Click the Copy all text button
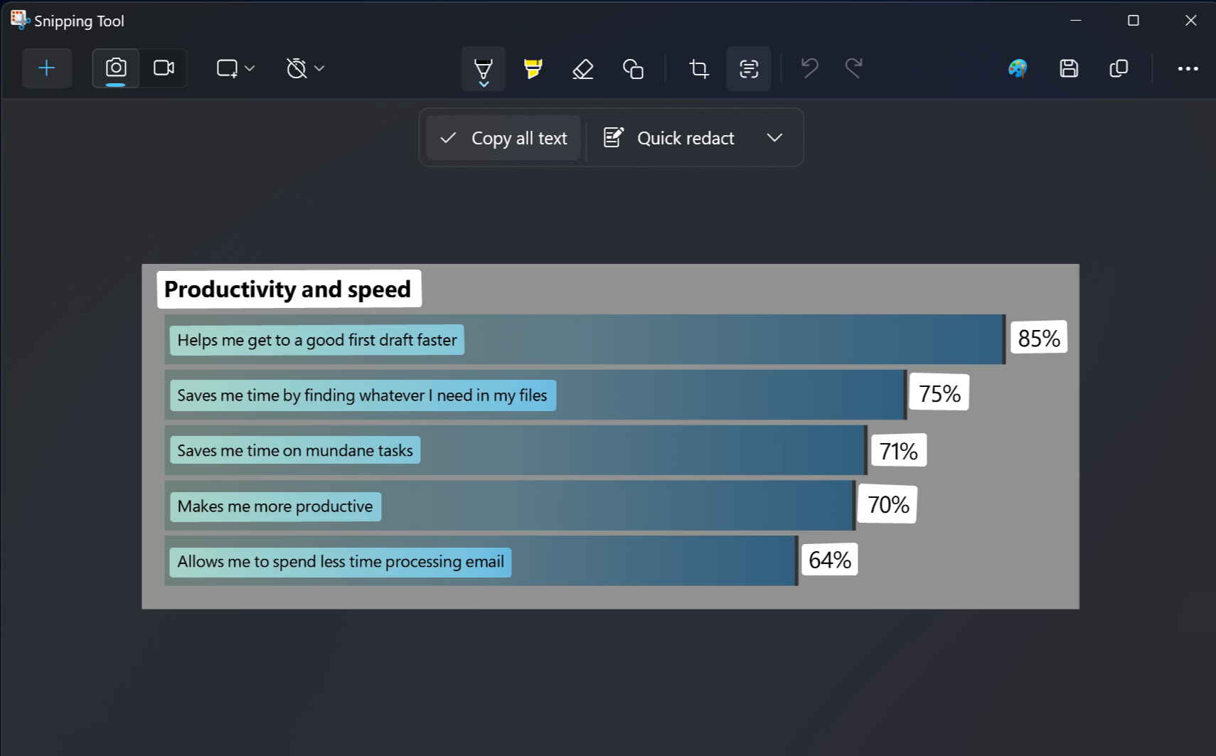click(x=503, y=138)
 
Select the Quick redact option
click(x=668, y=138)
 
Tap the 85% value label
click(x=1038, y=338)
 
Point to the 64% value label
click(x=829, y=560)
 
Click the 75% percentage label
click(x=939, y=393)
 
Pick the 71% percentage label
click(x=898, y=450)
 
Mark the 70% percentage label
click(x=887, y=504)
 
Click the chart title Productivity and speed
click(x=288, y=289)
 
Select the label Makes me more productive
click(x=275, y=506)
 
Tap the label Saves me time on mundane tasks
click(x=295, y=450)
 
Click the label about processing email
click(x=341, y=562)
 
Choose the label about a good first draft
click(x=317, y=340)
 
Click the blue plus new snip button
click(x=47, y=68)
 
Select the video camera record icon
click(x=164, y=68)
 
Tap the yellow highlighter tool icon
click(x=533, y=68)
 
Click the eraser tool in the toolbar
click(x=583, y=69)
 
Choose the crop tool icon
click(x=698, y=69)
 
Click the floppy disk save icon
click(x=1068, y=68)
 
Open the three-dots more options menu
click(x=1188, y=68)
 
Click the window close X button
click(x=1190, y=21)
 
